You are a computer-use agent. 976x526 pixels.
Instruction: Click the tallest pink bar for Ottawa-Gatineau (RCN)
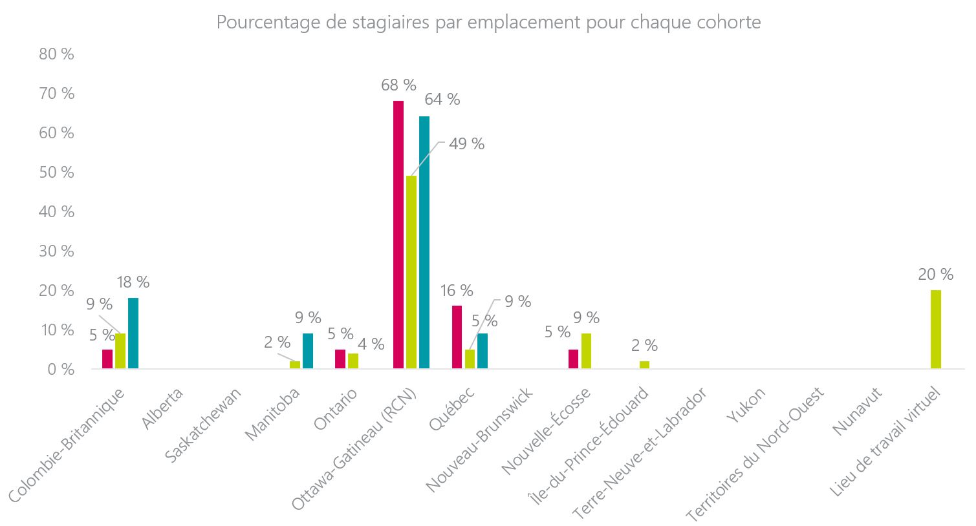(x=398, y=235)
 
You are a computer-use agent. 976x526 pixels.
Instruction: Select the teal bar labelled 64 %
(x=424, y=242)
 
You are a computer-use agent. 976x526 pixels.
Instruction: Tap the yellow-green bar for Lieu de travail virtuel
(x=935, y=330)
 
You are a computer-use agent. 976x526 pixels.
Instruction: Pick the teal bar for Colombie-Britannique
(x=133, y=333)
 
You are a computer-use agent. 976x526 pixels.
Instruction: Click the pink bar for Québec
(x=457, y=337)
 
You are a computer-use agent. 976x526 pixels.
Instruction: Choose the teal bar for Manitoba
(x=308, y=351)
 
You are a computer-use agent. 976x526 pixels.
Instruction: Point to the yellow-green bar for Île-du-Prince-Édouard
(x=644, y=365)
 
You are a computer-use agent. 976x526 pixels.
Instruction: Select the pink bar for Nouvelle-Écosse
(x=573, y=359)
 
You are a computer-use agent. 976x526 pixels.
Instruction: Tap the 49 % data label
(x=466, y=144)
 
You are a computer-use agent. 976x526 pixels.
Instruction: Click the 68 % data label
(x=398, y=85)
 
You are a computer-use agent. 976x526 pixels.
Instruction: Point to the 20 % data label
(x=935, y=275)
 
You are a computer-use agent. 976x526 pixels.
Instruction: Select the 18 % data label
(x=133, y=282)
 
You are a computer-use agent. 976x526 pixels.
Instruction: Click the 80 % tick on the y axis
(x=57, y=54)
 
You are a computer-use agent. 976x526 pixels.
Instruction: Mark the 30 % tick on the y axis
(x=57, y=251)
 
